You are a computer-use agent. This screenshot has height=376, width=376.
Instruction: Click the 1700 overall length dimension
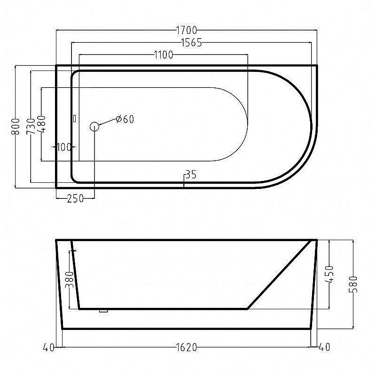point(186,31)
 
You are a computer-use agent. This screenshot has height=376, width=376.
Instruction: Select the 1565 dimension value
point(191,43)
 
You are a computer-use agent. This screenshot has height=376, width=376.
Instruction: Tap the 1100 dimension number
point(163,55)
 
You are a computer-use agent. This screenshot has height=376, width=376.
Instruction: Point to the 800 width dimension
point(16,126)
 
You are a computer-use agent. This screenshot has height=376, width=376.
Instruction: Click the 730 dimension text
point(31,126)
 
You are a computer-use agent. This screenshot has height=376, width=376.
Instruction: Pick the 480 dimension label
point(41,124)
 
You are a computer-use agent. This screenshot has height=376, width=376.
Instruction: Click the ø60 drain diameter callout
point(125,119)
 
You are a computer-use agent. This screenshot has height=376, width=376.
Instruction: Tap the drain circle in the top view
point(94,126)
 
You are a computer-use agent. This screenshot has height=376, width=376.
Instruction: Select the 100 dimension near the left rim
point(64,147)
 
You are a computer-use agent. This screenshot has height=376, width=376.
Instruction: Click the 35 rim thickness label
point(191,175)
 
